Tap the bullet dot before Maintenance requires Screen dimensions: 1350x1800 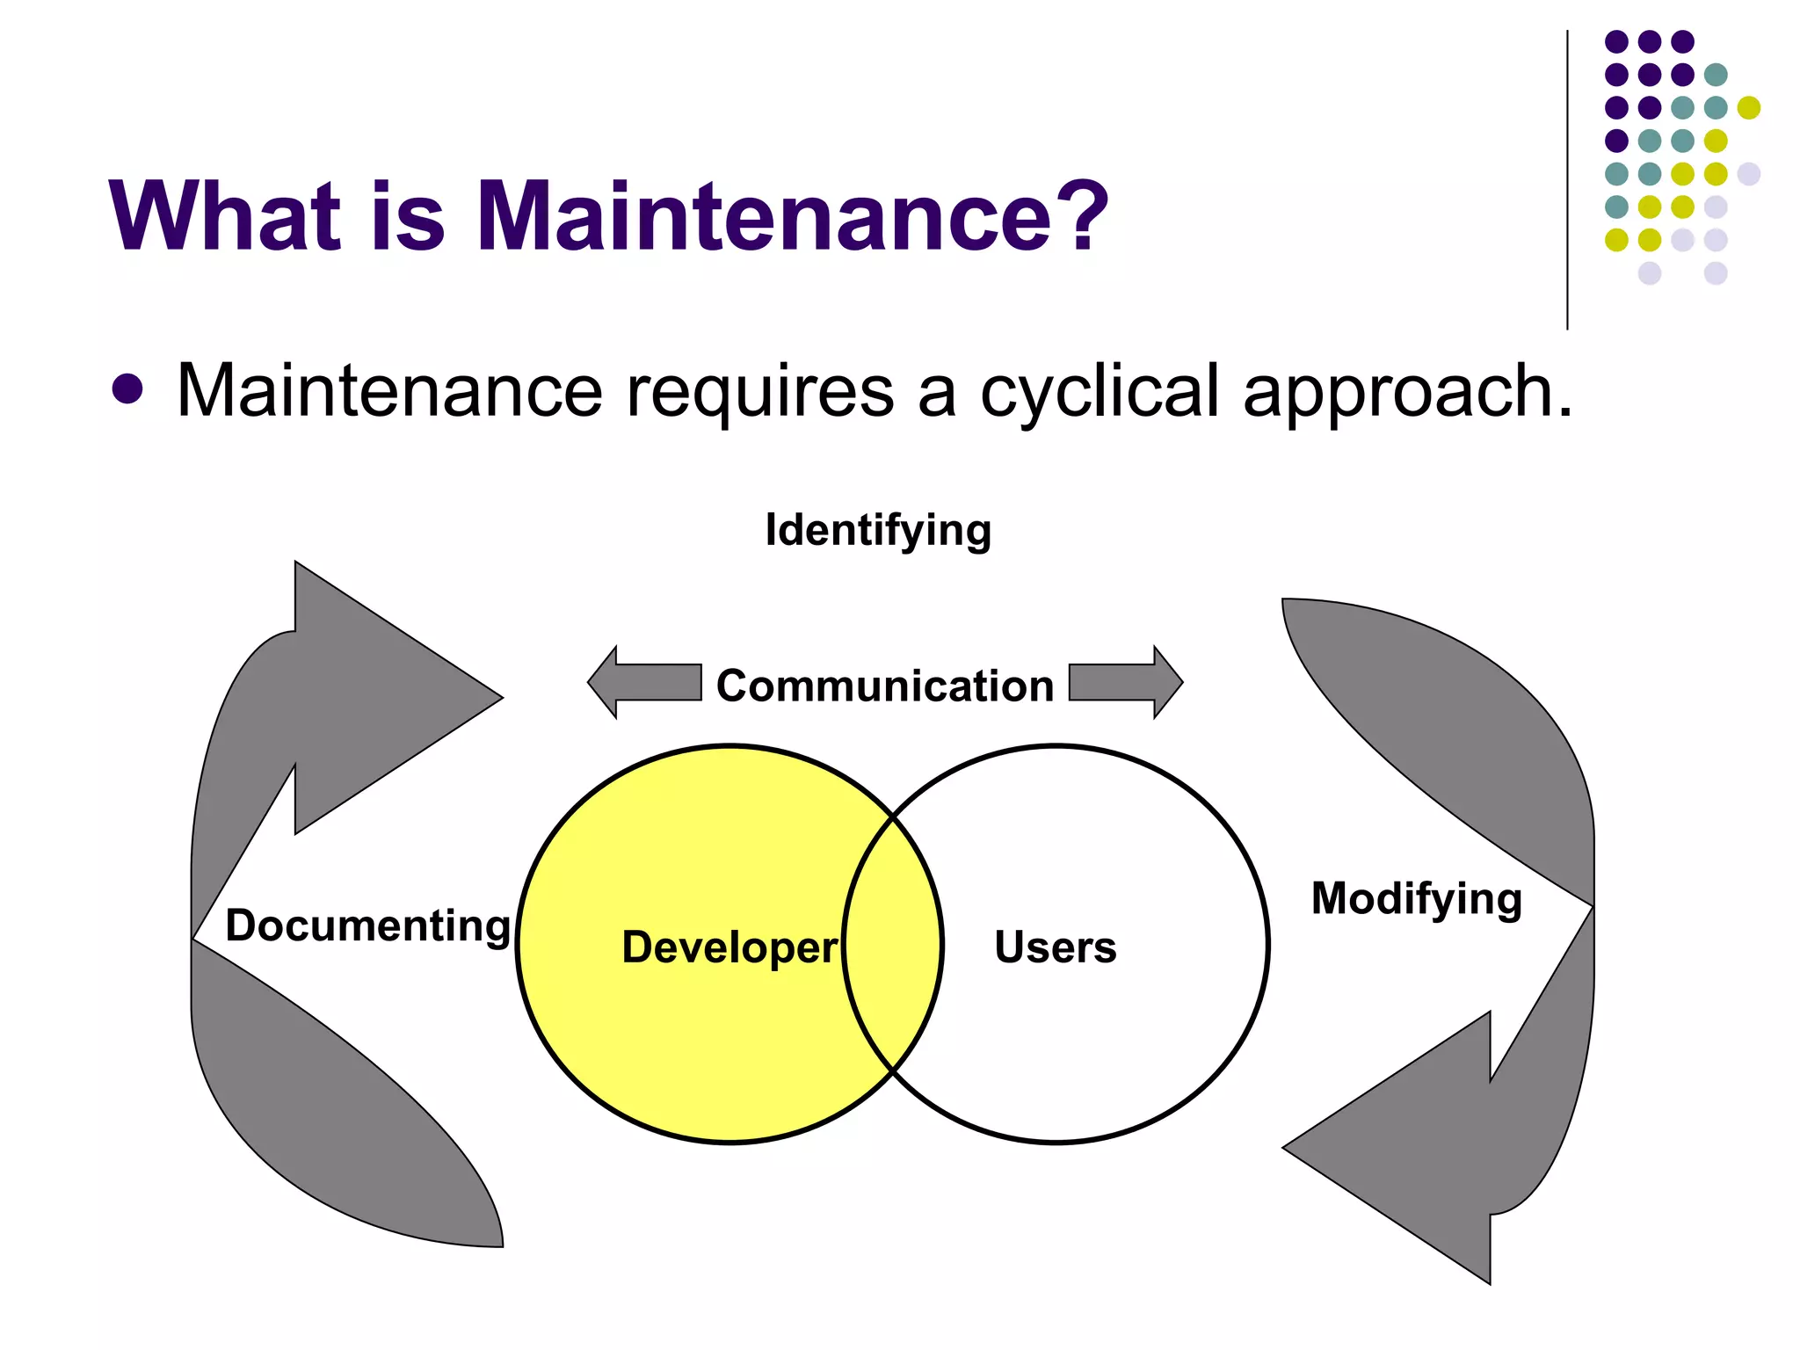(x=127, y=390)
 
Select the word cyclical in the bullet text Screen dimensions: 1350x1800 (x=1100, y=392)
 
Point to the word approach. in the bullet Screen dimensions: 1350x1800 (x=1407, y=394)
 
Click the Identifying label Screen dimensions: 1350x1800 (x=878, y=531)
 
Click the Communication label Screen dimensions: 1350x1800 (x=884, y=686)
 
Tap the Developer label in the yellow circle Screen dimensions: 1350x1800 (x=729, y=947)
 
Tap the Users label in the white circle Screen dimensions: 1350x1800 (x=1055, y=947)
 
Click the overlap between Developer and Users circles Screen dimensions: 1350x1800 (x=892, y=945)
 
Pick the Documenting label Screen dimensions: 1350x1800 (x=367, y=925)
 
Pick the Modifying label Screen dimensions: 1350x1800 (x=1416, y=898)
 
